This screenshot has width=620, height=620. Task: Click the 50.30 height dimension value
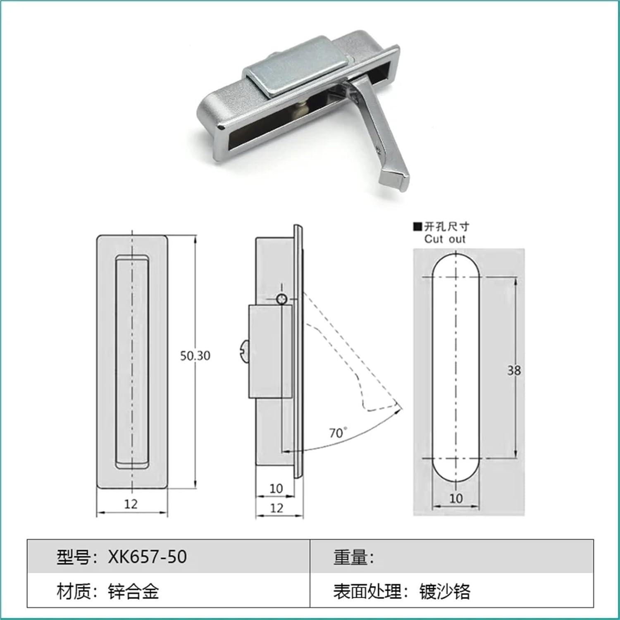pos(195,356)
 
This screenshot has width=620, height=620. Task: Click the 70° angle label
pos(338,433)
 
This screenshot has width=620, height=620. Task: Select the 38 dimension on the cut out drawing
pos(514,370)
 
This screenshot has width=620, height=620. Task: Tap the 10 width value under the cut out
pos(455,498)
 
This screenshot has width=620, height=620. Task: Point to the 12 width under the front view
pos(131,504)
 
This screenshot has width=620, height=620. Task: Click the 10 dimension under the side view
pos(276,489)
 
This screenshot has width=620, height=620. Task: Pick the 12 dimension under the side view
pos(277,508)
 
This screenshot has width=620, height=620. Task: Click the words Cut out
pos(444,239)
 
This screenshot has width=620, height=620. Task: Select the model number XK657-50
pos(148,557)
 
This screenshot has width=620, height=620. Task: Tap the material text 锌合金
pos(133,591)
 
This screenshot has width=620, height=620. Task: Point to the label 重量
pos(350,557)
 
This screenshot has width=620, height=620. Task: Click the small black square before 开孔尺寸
pos(417,227)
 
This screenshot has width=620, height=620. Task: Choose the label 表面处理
pos(367,591)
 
